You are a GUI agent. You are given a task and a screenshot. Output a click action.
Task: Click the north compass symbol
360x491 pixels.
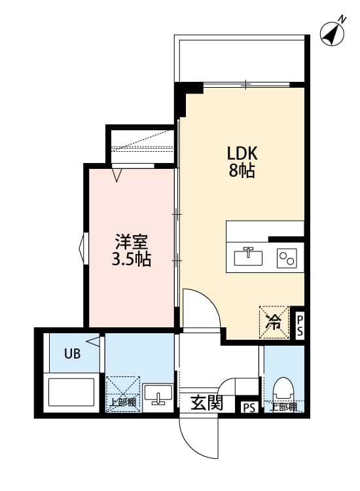pos(333,32)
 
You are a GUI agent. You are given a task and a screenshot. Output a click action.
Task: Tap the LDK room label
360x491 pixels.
pos(243,153)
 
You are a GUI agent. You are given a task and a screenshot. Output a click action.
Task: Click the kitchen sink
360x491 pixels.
pos(248,257)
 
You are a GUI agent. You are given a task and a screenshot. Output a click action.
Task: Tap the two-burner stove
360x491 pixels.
pos(287,257)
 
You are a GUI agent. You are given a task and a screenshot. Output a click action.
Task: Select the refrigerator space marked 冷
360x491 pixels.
pos(274,321)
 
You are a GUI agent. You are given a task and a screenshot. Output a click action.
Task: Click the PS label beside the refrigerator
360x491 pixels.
pos(300,325)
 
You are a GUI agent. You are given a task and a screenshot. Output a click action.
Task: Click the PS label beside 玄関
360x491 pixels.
pos(249,407)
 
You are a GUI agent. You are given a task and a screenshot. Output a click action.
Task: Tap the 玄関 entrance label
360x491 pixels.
pos(207,403)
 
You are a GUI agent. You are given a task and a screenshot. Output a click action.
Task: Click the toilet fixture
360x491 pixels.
pos(283,390)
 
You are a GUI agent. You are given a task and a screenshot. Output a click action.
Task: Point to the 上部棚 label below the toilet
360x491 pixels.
pos(283,407)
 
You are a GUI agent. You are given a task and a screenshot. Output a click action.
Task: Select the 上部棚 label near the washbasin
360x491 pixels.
pos(122,403)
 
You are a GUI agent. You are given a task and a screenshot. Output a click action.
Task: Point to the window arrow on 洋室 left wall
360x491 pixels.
pos(82,248)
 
